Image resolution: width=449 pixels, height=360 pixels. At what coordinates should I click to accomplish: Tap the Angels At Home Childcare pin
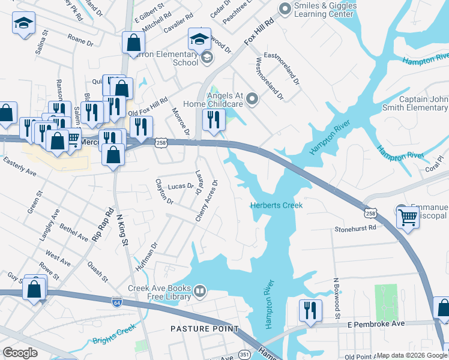click(x=252, y=98)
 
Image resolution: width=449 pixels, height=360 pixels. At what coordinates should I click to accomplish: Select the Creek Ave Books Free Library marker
click(x=200, y=292)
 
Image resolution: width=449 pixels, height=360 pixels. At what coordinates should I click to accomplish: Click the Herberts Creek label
click(x=276, y=205)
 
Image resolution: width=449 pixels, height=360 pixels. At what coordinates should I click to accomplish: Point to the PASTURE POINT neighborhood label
click(x=204, y=329)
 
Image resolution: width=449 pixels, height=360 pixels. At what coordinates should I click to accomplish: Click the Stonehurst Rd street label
click(x=355, y=228)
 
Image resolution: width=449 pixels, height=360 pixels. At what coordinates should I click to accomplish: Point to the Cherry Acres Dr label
click(x=206, y=201)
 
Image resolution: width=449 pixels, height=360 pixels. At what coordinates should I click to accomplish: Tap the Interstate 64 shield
click(x=116, y=301)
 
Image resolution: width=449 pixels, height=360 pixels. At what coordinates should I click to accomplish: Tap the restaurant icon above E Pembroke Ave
click(x=310, y=310)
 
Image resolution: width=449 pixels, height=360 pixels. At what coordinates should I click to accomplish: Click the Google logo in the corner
click(x=20, y=353)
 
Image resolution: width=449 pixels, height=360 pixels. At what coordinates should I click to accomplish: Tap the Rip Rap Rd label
click(x=102, y=225)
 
